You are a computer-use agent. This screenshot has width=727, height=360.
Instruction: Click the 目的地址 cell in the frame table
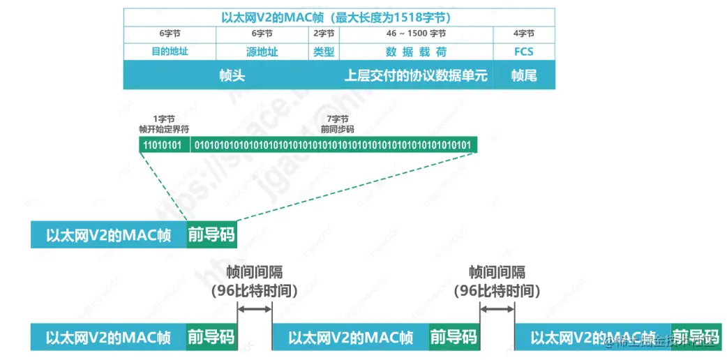(x=170, y=52)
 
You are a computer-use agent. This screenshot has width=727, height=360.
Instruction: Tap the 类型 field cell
(x=324, y=52)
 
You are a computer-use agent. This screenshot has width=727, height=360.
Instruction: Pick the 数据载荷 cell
(x=416, y=52)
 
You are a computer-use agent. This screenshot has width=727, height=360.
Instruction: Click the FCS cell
(x=523, y=52)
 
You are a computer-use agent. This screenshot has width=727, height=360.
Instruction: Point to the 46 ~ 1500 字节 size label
(x=416, y=33)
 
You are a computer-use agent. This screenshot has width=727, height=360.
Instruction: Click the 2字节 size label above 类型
(x=324, y=33)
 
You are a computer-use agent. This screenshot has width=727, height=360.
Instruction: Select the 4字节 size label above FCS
(x=523, y=33)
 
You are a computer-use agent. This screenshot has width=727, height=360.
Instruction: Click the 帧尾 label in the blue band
(x=523, y=75)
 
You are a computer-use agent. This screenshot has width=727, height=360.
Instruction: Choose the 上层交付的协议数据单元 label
(x=416, y=75)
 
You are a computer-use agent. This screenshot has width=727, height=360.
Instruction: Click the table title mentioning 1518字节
(x=340, y=17)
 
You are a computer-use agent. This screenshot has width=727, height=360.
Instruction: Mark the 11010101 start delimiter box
(x=164, y=145)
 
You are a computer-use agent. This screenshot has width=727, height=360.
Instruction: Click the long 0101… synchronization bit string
(x=334, y=145)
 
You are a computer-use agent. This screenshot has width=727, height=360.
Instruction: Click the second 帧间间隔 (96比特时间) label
(x=497, y=282)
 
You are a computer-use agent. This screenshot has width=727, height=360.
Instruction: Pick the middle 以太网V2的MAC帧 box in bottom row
(x=350, y=338)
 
